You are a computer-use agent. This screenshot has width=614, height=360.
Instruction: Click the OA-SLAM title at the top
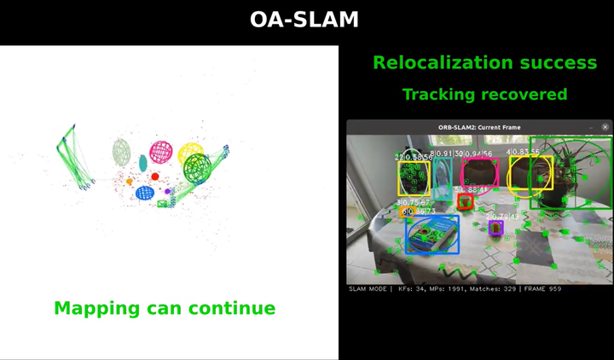(x=304, y=20)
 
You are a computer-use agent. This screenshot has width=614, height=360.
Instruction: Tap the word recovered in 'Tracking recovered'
(x=524, y=94)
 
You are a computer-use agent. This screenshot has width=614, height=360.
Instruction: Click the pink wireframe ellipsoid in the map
(x=162, y=154)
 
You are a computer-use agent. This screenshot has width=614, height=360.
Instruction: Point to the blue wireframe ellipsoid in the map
(x=145, y=193)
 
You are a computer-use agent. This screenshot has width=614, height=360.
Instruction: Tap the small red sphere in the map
(x=155, y=177)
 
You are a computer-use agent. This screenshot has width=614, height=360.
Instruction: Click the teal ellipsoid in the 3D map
(x=143, y=162)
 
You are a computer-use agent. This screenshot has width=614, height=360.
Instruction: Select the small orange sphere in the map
(x=130, y=181)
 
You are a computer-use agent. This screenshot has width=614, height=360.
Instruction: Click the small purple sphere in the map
(x=168, y=191)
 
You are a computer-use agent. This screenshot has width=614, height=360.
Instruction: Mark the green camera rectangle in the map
(x=163, y=203)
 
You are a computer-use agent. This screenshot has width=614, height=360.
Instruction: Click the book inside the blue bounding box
(x=432, y=235)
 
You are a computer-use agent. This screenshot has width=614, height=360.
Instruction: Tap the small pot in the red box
(x=465, y=203)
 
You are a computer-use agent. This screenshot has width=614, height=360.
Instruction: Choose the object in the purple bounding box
(x=495, y=228)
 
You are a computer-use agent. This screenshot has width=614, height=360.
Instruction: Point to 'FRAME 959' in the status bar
(x=542, y=289)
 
